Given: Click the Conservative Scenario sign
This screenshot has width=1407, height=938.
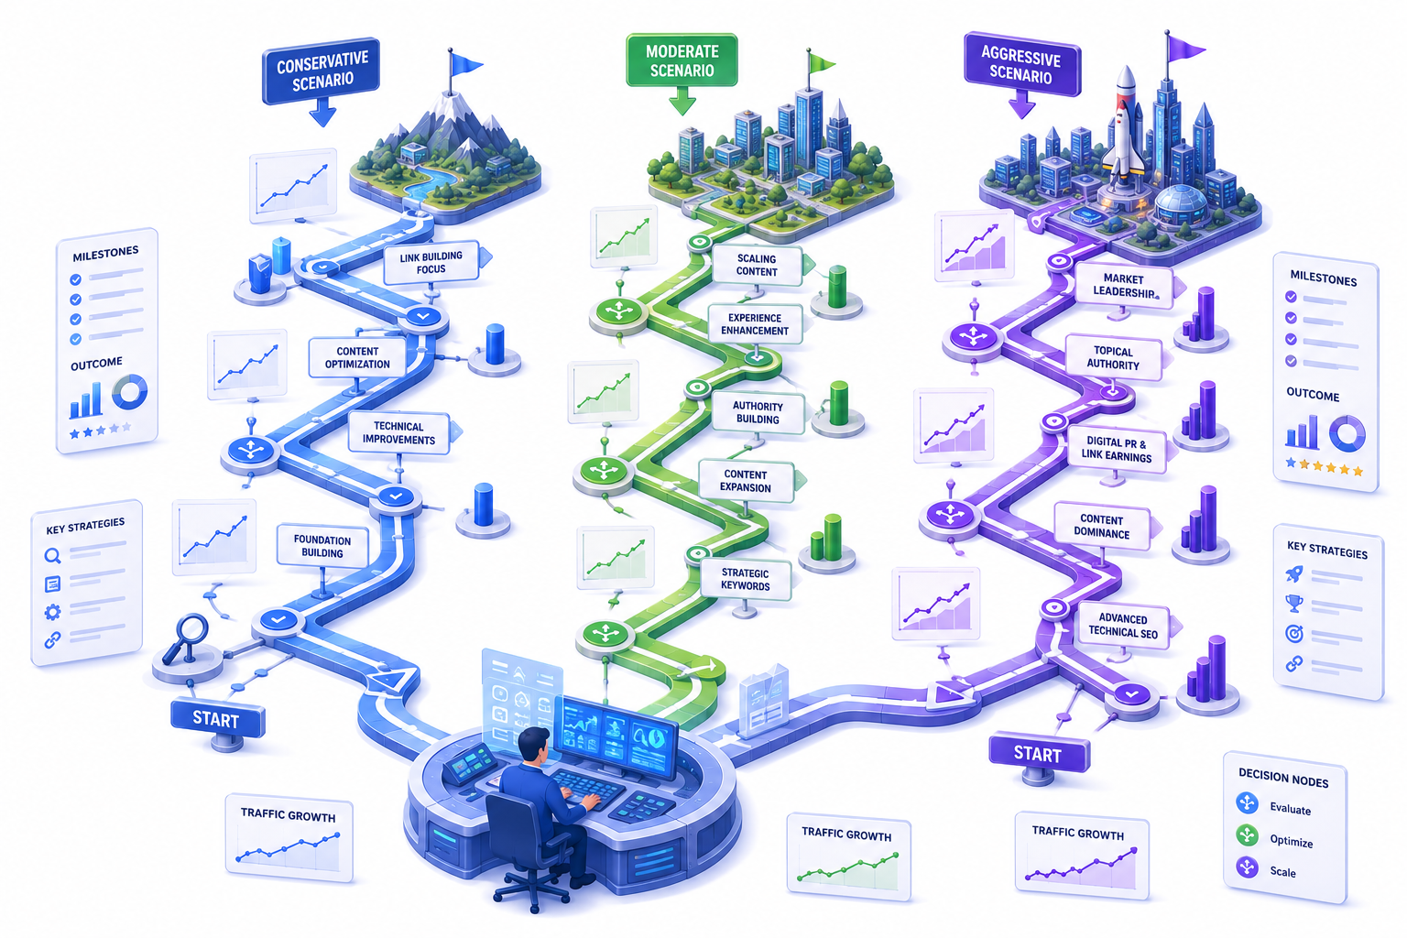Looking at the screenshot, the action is tap(321, 71).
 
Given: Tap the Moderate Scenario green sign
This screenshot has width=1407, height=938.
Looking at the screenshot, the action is tap(682, 60).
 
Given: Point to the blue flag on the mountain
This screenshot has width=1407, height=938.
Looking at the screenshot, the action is tap(464, 63).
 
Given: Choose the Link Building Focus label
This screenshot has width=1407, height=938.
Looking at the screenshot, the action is tap(431, 263).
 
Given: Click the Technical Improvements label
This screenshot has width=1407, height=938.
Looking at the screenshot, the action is tap(398, 433).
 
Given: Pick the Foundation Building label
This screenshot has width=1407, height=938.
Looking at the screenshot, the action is tap(322, 546).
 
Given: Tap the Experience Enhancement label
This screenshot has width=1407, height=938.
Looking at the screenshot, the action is tap(755, 324).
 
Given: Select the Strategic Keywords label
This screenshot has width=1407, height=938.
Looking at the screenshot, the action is tap(745, 579).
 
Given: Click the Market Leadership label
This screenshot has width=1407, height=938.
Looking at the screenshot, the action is tap(1124, 286).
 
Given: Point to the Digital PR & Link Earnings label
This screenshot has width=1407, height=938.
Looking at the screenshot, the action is tap(1117, 449).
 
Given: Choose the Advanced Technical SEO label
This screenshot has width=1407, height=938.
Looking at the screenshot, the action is tap(1123, 626).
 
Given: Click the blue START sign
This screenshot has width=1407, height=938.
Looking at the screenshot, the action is tap(217, 719).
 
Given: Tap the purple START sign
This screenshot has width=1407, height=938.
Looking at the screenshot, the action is tap(1039, 753).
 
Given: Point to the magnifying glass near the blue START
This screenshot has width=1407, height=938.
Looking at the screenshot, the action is tap(186, 637).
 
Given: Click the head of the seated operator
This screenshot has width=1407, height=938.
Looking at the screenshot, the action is tap(534, 745).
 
